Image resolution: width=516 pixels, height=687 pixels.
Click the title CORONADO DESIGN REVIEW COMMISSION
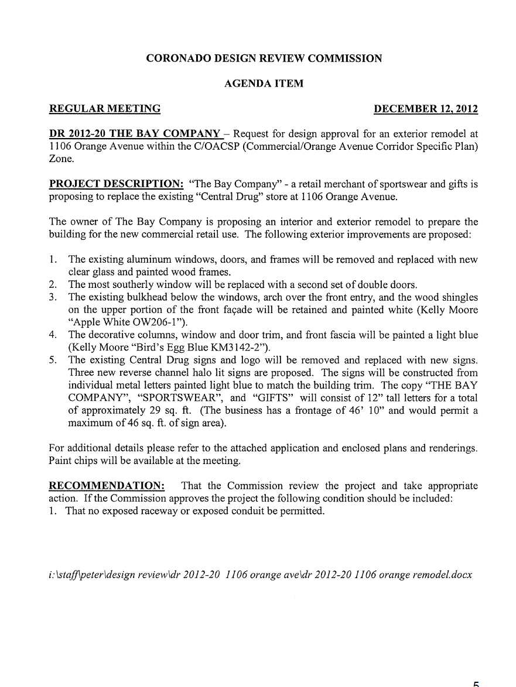point(264,59)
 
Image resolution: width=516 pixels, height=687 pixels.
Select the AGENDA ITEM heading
point(264,84)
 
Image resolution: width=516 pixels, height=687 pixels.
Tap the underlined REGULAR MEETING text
point(105,109)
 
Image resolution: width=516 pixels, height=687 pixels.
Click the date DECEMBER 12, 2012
point(426,109)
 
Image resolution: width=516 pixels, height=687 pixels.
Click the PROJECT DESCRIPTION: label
point(116,184)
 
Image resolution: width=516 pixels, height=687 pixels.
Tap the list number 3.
point(53,297)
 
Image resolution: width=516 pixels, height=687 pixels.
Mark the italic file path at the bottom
point(260,575)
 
